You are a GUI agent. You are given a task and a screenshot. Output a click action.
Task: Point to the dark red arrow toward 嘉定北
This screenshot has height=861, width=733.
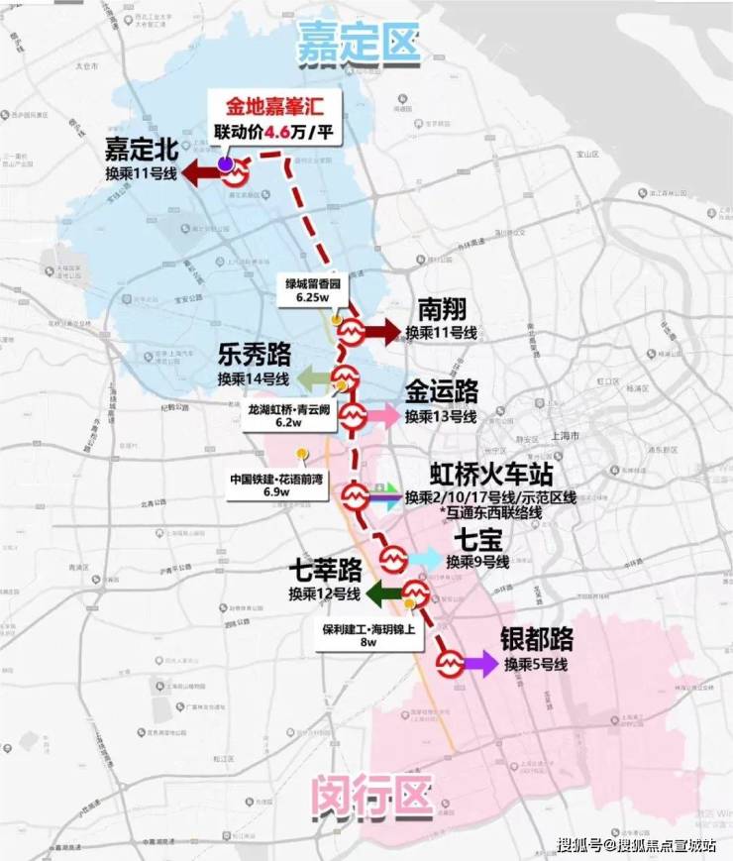click(x=202, y=174)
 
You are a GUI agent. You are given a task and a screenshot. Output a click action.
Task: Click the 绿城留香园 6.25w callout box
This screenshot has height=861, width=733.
click(x=310, y=288)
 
